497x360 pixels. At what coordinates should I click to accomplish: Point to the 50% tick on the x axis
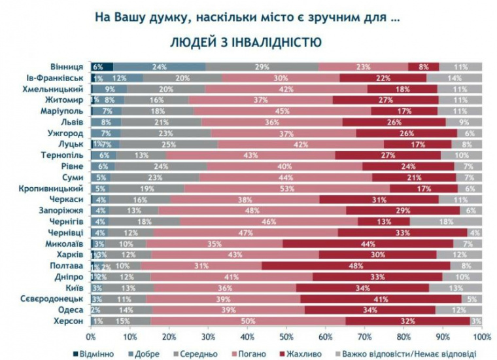[286, 338]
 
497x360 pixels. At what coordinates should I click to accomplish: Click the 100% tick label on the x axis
[481, 338]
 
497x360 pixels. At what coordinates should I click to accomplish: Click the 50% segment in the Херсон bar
[248, 321]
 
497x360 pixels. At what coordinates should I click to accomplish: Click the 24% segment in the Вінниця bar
[159, 67]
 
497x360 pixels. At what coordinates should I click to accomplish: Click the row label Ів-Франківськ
[60, 78]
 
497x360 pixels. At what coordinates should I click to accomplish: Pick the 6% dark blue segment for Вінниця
[100, 67]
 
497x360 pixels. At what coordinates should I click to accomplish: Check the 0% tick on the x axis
[92, 338]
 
